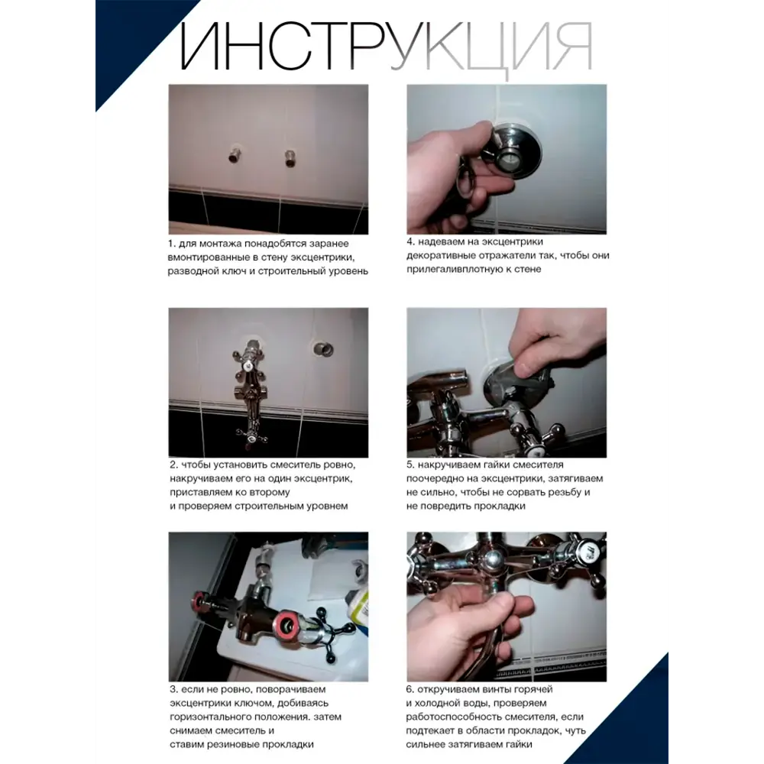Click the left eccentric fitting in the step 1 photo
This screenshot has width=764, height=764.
pyautogui.click(x=233, y=158)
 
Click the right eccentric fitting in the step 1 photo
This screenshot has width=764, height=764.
pyautogui.click(x=290, y=158)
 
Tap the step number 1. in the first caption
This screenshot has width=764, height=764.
pyautogui.click(x=172, y=243)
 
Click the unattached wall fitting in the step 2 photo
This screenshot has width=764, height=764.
pyautogui.click(x=324, y=349)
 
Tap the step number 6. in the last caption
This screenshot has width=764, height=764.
pyautogui.click(x=411, y=689)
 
